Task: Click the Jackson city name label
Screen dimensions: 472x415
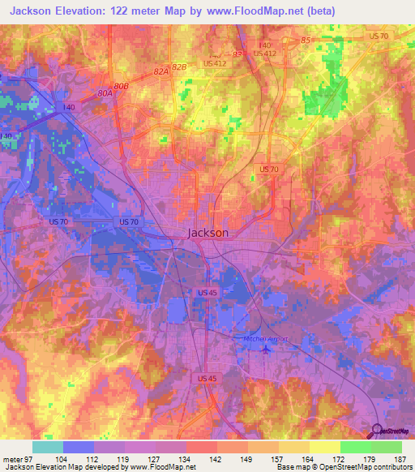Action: [x=207, y=233]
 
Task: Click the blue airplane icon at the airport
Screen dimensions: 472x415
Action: [x=267, y=350]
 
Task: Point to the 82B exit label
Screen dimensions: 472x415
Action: [x=179, y=65]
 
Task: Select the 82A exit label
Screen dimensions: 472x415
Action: [x=160, y=72]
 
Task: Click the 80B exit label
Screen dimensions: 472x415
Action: [x=122, y=86]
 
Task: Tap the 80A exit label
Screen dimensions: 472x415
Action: [x=105, y=93]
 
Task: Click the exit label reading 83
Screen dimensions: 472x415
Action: [x=237, y=54]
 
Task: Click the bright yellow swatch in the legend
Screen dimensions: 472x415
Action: [x=325, y=447]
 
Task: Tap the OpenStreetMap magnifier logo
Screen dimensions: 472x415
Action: [x=378, y=431]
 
